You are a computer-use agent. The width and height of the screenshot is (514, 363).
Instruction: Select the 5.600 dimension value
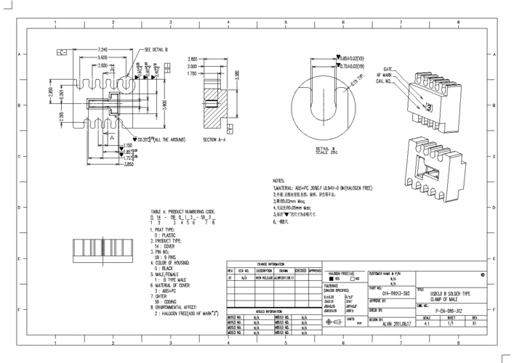(103, 57)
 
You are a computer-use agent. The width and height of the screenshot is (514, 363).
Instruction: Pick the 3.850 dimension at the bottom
(109, 164)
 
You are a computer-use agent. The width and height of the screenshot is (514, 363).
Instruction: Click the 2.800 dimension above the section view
(193, 59)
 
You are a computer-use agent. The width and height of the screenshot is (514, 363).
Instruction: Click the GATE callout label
(387, 68)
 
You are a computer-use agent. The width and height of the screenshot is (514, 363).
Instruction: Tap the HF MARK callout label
(385, 75)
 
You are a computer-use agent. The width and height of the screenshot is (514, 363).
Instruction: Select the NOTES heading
(279, 180)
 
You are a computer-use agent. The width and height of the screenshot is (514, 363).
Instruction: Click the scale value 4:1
(427, 325)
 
